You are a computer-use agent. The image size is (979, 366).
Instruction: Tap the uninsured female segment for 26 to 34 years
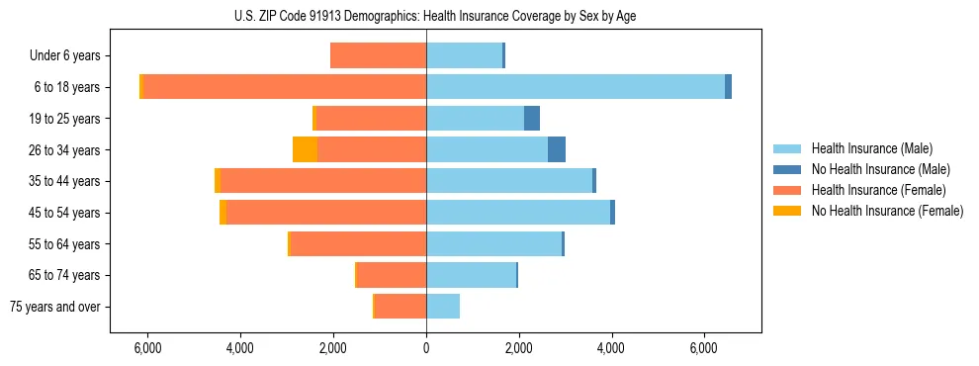coord(305,149)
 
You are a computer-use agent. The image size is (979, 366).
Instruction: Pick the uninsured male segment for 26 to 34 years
coord(557,149)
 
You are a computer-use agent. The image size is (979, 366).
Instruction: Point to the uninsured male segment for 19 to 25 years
coord(532,119)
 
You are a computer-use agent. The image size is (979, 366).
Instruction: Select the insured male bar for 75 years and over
coord(443,307)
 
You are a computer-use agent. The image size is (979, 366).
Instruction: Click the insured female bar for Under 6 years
coord(378,55)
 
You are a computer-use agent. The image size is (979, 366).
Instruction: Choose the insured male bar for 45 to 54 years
coord(518,213)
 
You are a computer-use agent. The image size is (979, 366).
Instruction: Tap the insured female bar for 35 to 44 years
coord(323,181)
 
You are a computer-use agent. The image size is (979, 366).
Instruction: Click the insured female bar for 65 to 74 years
coord(392,275)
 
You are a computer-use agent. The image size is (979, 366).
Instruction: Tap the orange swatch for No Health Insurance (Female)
coord(788,211)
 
